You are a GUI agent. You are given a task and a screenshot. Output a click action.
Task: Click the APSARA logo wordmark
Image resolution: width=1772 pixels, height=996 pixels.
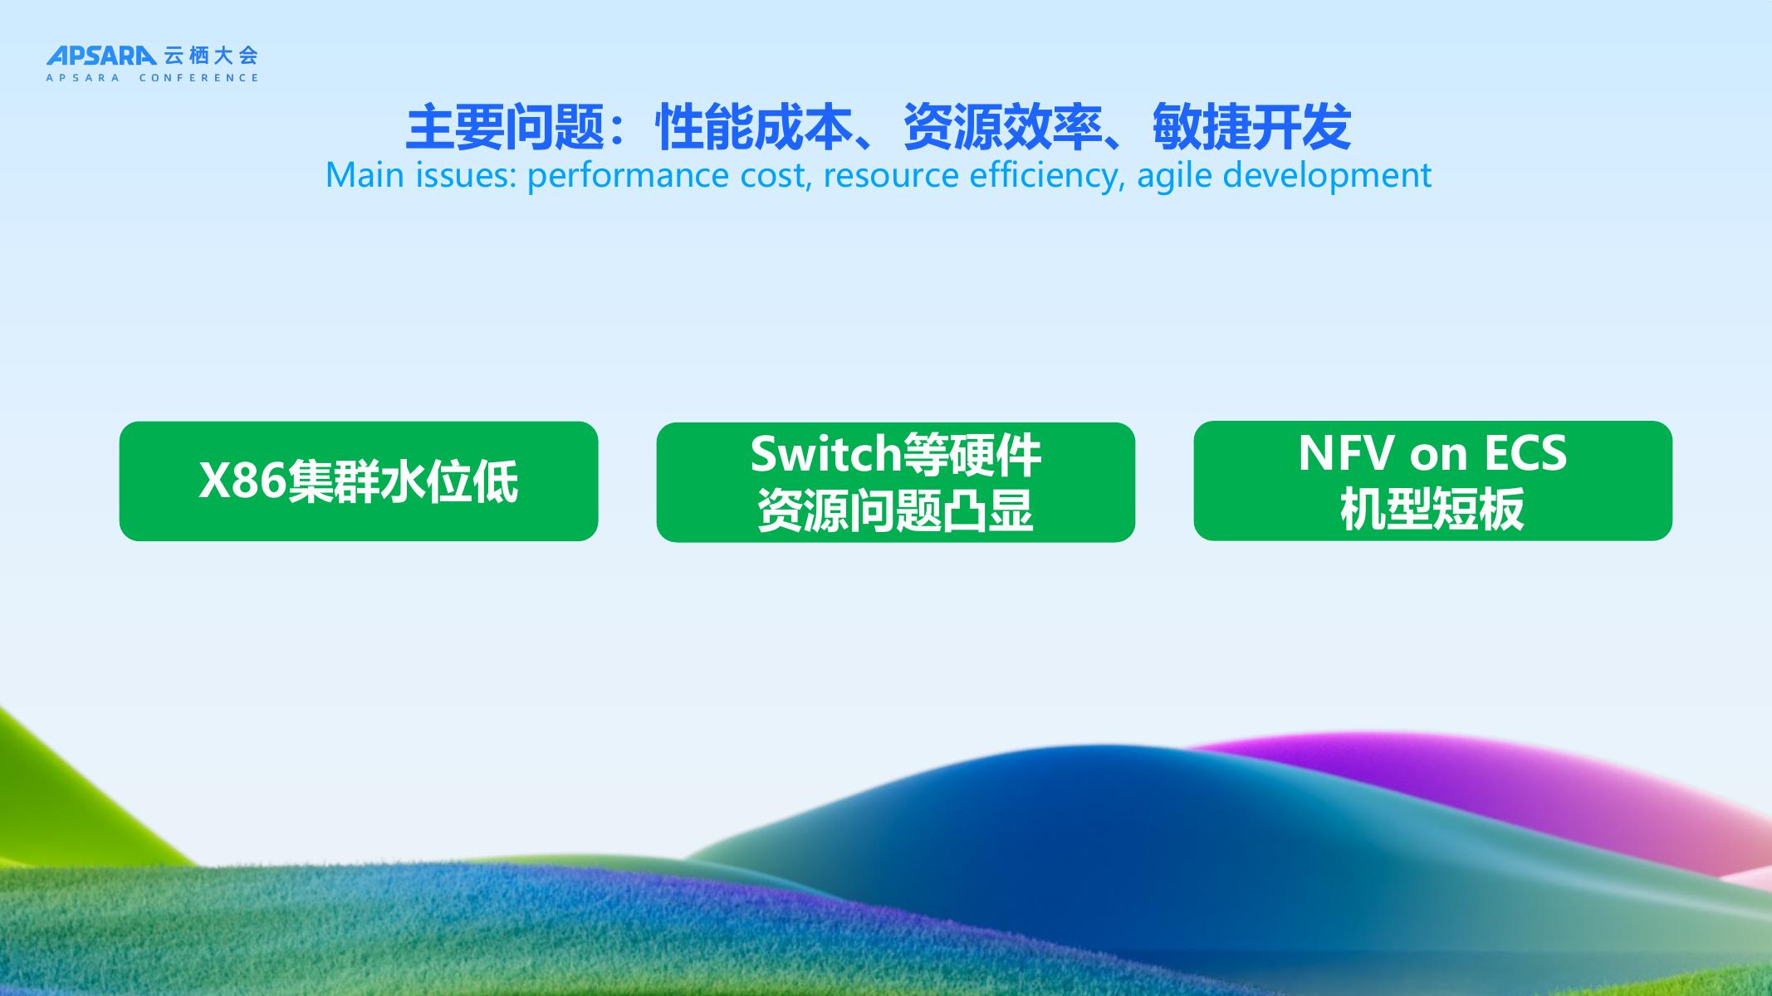(x=100, y=56)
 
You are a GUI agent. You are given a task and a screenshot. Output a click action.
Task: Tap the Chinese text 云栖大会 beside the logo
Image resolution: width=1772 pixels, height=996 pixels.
(x=211, y=56)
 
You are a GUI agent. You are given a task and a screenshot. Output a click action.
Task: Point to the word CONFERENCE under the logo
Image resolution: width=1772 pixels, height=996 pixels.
(x=199, y=78)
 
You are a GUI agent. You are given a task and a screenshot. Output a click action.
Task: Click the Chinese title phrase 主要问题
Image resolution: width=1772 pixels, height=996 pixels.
(x=504, y=127)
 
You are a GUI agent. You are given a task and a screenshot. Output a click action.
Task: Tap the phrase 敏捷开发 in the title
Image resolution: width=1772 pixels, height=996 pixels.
(x=1251, y=127)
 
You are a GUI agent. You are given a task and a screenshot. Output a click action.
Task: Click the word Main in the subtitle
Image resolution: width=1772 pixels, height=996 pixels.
(x=364, y=175)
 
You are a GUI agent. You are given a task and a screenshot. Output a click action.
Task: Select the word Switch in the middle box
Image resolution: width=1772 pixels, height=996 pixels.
(x=826, y=453)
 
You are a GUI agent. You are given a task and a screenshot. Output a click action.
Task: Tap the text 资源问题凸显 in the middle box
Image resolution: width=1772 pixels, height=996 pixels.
(x=895, y=510)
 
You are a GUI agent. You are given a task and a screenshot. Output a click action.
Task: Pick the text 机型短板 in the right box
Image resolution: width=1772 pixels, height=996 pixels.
(x=1432, y=509)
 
